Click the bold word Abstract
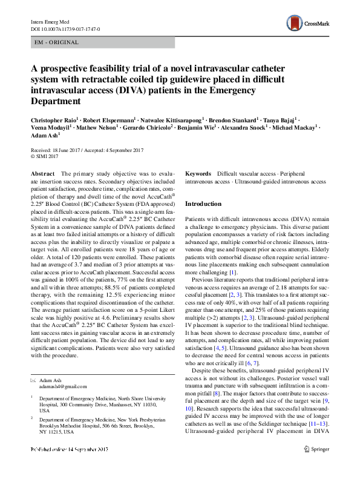pyautogui.click(x=42, y=174)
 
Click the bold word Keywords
pyautogui.click(x=198, y=174)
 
